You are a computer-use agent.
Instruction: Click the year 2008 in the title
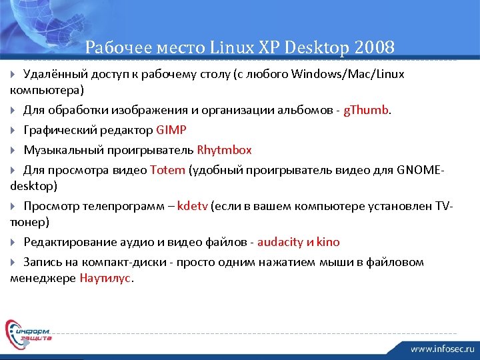pos(375,47)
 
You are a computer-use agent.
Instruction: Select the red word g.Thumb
pos(365,109)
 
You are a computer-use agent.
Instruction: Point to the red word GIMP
pos(171,129)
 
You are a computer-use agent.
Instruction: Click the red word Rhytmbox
pos(224,149)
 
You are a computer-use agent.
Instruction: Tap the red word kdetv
pos(193,205)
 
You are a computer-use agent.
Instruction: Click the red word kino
pos(328,241)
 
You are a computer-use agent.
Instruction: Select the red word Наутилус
pos(106,277)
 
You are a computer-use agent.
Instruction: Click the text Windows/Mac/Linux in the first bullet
pos(347,73)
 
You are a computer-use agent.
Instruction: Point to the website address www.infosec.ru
pos(442,349)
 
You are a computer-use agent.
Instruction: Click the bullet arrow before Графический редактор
pos(15,130)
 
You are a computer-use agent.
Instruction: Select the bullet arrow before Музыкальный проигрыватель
pos(15,150)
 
